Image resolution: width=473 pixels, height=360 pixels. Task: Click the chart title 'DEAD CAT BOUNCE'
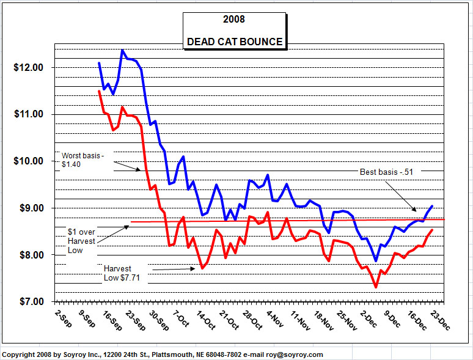235,42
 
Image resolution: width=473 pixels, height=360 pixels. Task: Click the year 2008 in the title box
234,20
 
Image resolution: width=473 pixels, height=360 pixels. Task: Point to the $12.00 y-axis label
28,67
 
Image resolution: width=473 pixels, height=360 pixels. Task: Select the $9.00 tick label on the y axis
31,208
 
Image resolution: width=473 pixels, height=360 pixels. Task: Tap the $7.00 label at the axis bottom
31,301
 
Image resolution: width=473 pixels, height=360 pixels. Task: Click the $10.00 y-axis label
28,161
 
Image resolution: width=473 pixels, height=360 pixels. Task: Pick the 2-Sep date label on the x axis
64,318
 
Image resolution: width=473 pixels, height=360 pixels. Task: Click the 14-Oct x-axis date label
206,320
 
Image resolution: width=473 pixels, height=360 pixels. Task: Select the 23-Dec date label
440,320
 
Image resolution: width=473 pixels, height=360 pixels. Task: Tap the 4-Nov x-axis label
275,318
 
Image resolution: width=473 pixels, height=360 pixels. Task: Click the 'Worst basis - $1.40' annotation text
82,160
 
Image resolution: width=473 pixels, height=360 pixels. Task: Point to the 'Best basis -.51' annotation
386,172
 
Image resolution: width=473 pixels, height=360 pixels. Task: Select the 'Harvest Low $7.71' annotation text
122,273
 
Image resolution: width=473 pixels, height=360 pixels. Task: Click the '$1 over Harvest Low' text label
81,241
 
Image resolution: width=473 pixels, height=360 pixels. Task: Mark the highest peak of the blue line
122,50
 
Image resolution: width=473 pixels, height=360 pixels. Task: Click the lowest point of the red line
376,287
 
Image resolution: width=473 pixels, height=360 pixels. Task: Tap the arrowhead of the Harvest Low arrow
193,268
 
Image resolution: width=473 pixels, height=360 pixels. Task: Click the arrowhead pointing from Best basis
414,210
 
